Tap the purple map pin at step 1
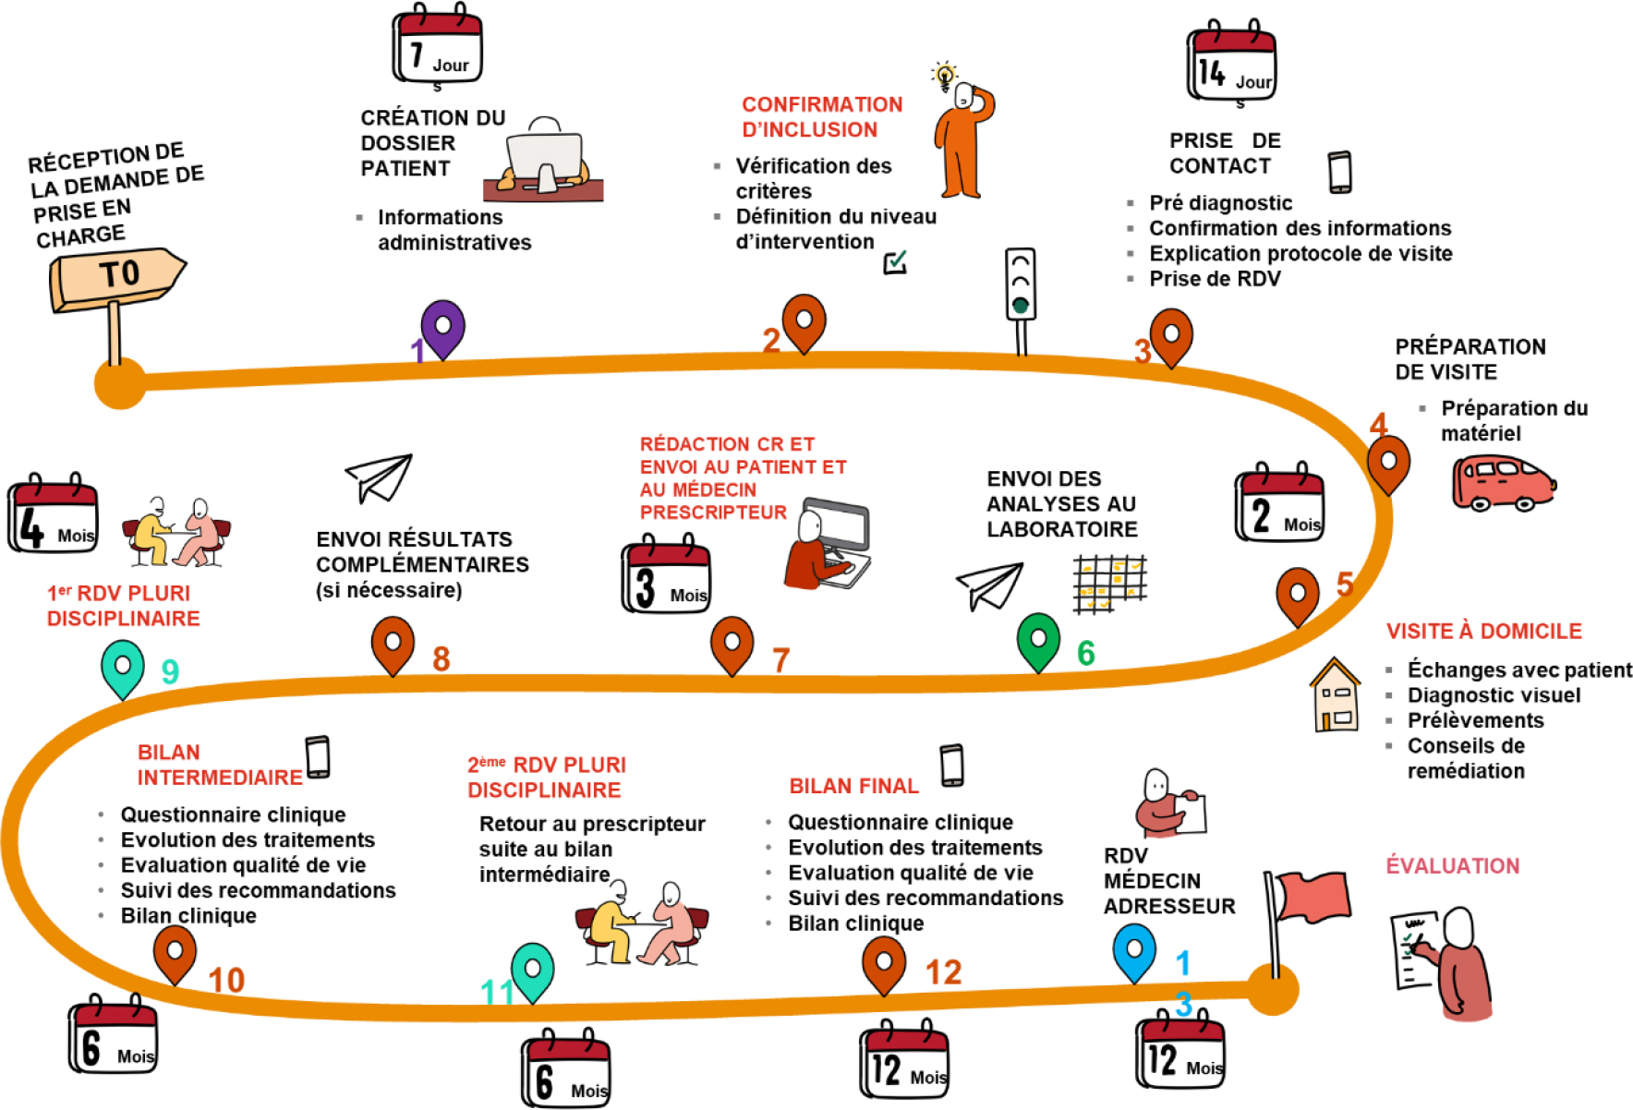(x=442, y=327)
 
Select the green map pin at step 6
(x=1038, y=640)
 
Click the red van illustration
(x=1503, y=483)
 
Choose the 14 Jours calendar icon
(x=1231, y=64)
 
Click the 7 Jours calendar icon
(x=437, y=47)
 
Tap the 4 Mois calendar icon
(x=53, y=516)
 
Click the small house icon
(x=1336, y=696)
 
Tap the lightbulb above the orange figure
(x=944, y=75)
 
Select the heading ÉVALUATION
(x=1452, y=866)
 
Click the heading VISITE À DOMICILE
(x=1483, y=632)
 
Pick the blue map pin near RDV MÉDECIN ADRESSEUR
(x=1134, y=951)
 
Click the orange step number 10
(x=226, y=981)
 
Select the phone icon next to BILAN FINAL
(x=951, y=766)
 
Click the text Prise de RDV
(x=1215, y=279)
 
